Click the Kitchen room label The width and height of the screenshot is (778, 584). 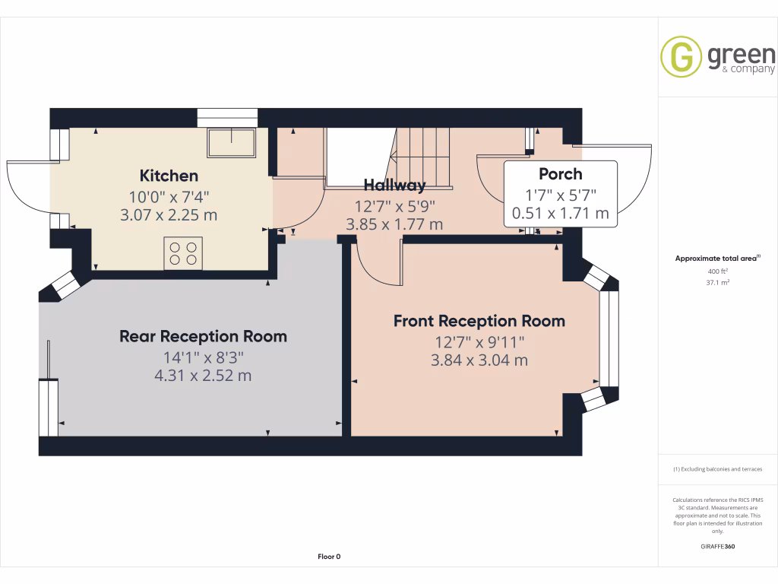(169, 176)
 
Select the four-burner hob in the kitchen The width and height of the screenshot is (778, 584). (183, 252)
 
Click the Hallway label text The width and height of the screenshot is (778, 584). (394, 185)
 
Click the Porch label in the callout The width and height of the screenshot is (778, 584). (560, 174)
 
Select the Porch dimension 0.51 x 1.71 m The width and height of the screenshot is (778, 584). (561, 214)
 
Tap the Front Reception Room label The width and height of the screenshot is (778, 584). (479, 321)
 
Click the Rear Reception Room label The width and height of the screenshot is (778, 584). (203, 336)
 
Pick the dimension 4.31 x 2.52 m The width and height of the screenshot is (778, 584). (203, 376)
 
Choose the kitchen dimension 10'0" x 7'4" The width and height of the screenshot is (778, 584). (169, 195)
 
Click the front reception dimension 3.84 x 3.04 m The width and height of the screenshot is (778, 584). (479, 360)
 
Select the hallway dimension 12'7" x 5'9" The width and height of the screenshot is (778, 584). (394, 205)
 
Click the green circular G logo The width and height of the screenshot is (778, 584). (681, 57)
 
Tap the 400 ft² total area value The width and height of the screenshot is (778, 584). (718, 271)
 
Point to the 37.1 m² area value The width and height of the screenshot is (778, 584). (718, 281)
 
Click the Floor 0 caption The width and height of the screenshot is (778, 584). (329, 557)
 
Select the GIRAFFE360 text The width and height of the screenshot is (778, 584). (718, 547)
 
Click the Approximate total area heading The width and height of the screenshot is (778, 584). (717, 259)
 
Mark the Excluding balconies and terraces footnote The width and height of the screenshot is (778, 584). (718, 469)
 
